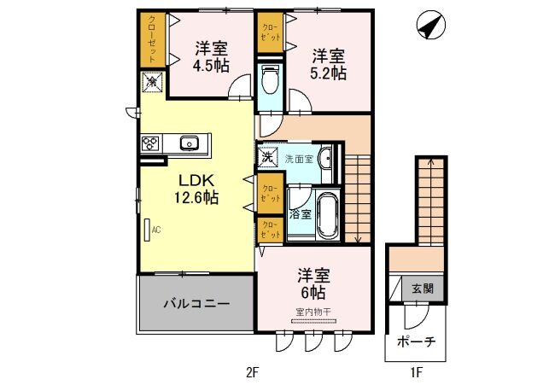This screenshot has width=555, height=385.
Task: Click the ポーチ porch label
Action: pyautogui.click(x=416, y=341)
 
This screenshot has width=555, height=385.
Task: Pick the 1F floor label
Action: pyautogui.click(x=416, y=372)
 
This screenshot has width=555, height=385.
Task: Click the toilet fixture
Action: pyautogui.click(x=271, y=81)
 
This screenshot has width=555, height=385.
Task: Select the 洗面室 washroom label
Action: pyautogui.click(x=297, y=158)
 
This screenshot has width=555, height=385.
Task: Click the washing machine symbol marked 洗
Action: pyautogui.click(x=268, y=157)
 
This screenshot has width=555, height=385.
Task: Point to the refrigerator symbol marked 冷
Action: pyautogui.click(x=152, y=83)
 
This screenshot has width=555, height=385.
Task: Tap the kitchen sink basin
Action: pyautogui.click(x=189, y=143)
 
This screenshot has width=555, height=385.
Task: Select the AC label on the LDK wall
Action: pyautogui.click(x=156, y=229)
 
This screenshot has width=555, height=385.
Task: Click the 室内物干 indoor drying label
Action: pyautogui.click(x=313, y=312)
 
